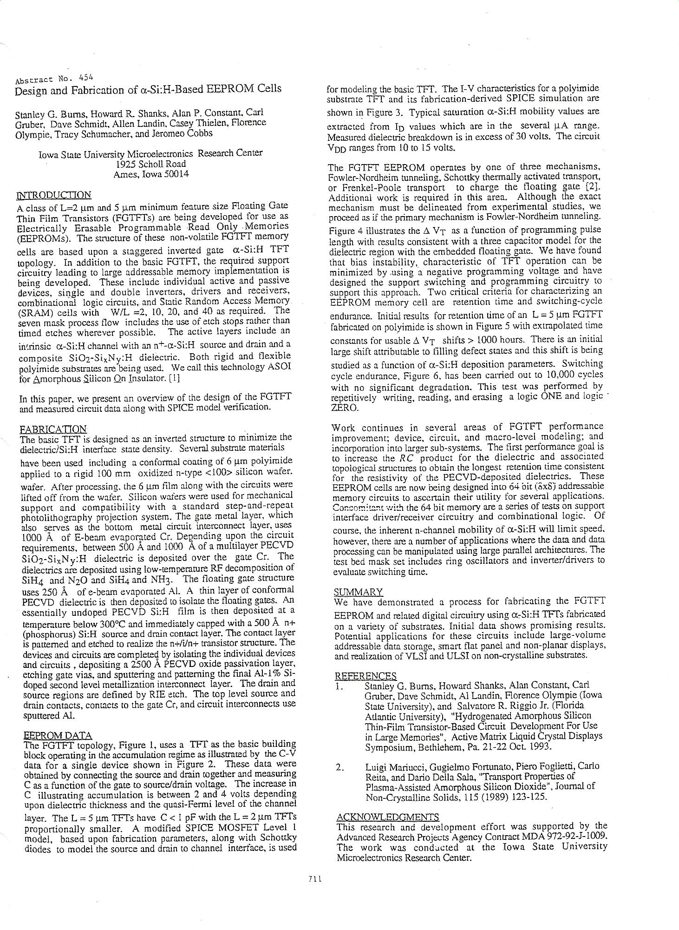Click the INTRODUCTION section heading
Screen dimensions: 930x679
point(53,195)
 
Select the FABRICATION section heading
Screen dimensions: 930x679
point(53,429)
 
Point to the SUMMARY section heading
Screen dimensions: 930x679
point(358,592)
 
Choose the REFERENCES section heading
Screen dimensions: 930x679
point(366,676)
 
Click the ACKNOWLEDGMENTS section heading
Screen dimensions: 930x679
point(387,817)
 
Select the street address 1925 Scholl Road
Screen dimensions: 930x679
point(151,164)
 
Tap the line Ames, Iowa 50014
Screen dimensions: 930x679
point(151,174)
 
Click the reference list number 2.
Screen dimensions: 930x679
point(339,766)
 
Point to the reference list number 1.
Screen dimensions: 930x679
point(339,686)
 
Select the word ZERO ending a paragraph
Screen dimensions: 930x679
point(344,408)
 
